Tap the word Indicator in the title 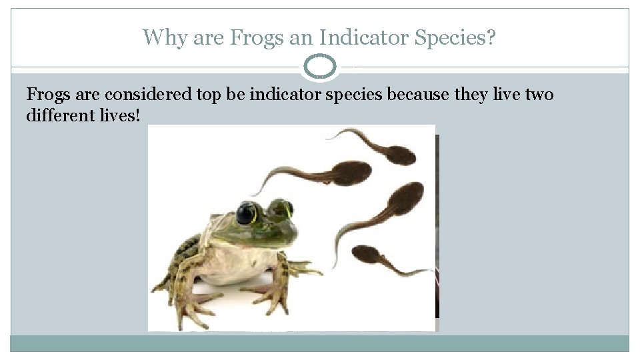359,37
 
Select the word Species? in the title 454,37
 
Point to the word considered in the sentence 146,95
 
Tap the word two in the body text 539,95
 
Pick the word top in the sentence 209,95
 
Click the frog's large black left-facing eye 247,213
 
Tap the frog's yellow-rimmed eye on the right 282,209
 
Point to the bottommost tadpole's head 367,255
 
